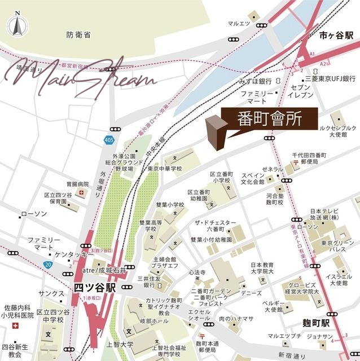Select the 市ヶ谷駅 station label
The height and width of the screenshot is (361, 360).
pos(336,36)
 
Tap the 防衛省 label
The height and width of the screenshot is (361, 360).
pos(78,35)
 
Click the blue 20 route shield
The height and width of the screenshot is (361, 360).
pos(49,264)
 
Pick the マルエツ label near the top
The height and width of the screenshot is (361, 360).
pos(239,24)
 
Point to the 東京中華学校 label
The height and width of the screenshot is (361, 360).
pos(165,168)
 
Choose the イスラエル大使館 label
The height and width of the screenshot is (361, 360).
pos(339,281)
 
